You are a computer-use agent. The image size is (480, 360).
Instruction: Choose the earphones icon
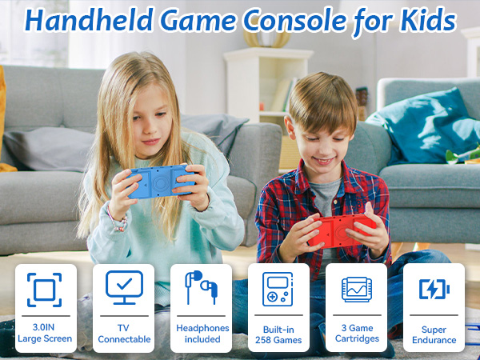pyautogui.click(x=201, y=287)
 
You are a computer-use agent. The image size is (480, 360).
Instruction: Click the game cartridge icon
pyautogui.click(x=355, y=288)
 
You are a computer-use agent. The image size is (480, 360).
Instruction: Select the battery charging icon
pyautogui.click(x=434, y=289)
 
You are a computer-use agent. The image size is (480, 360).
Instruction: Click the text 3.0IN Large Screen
pyautogui.click(x=45, y=334)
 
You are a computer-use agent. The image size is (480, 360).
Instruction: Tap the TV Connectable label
pyautogui.click(x=124, y=334)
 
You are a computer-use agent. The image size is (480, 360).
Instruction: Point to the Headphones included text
pyautogui.click(x=202, y=334)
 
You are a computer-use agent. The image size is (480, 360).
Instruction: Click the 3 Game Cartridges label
pyautogui.click(x=356, y=334)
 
